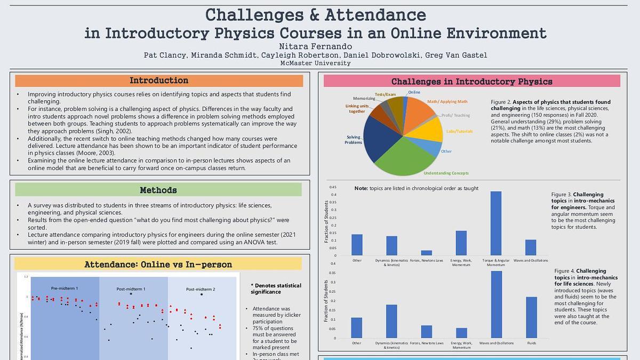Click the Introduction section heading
[x=159, y=81]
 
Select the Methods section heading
[x=158, y=190]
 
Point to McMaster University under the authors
[x=316, y=63]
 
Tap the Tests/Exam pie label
[x=385, y=94]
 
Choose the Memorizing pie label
[x=364, y=98]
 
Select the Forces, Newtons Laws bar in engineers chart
[x=426, y=252]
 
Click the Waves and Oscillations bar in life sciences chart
[x=496, y=304]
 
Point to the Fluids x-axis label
[x=531, y=343]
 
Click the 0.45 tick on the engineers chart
[x=333, y=187]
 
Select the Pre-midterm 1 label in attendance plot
[x=65, y=288]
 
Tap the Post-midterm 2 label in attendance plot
[x=201, y=289]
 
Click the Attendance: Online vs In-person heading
[x=158, y=265]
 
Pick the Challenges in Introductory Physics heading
[x=471, y=82]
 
